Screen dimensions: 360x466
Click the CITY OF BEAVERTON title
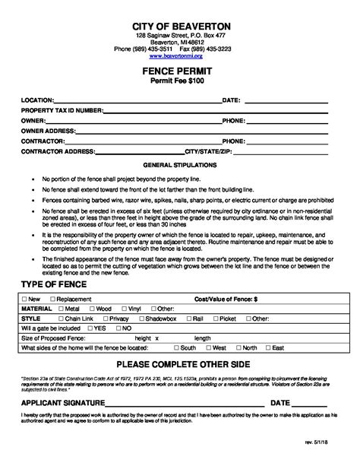[180, 27]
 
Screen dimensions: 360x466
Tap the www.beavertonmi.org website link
[180, 55]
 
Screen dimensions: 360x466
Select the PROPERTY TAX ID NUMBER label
[62, 109]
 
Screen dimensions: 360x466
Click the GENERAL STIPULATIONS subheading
[180, 164]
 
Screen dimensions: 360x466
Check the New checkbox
[26, 300]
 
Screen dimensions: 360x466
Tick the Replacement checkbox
[52, 300]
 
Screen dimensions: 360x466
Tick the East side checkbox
[267, 347]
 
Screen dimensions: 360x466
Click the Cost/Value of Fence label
[227, 300]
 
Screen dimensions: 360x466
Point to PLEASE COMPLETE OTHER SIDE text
[180, 364]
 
